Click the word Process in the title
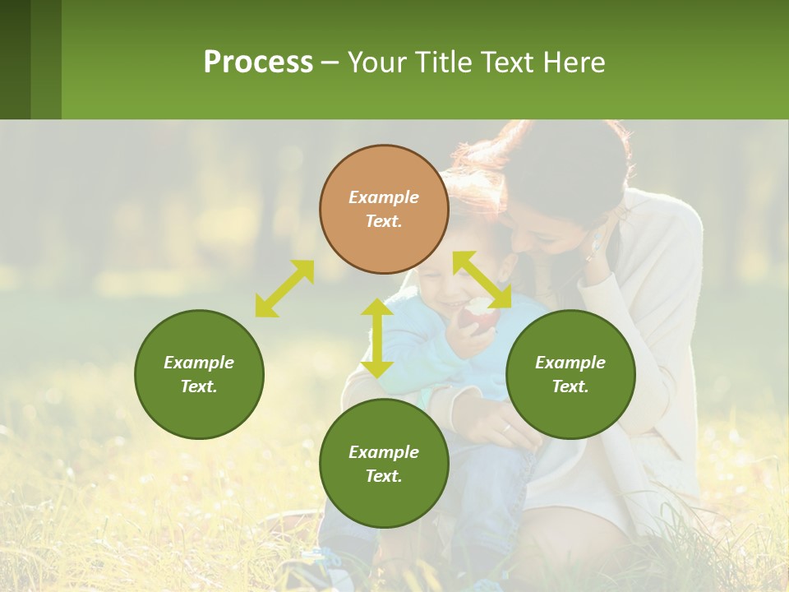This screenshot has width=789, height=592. click(x=258, y=62)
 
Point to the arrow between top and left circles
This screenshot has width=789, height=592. click(x=284, y=289)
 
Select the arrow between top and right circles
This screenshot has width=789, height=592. click(x=482, y=280)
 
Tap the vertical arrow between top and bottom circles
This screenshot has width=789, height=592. click(x=377, y=338)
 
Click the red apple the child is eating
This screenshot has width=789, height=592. click(x=479, y=317)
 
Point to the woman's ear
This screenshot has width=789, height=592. click(x=598, y=238)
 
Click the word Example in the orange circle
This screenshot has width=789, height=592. click(x=384, y=197)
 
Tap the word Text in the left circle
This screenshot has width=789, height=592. click(x=199, y=386)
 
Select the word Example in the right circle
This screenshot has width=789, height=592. click(x=570, y=363)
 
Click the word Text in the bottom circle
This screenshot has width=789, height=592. click(x=384, y=476)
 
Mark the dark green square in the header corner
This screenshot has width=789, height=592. click(x=15, y=59)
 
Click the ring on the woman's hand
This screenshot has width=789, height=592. click(x=507, y=428)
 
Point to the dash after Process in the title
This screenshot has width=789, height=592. click(x=330, y=62)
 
